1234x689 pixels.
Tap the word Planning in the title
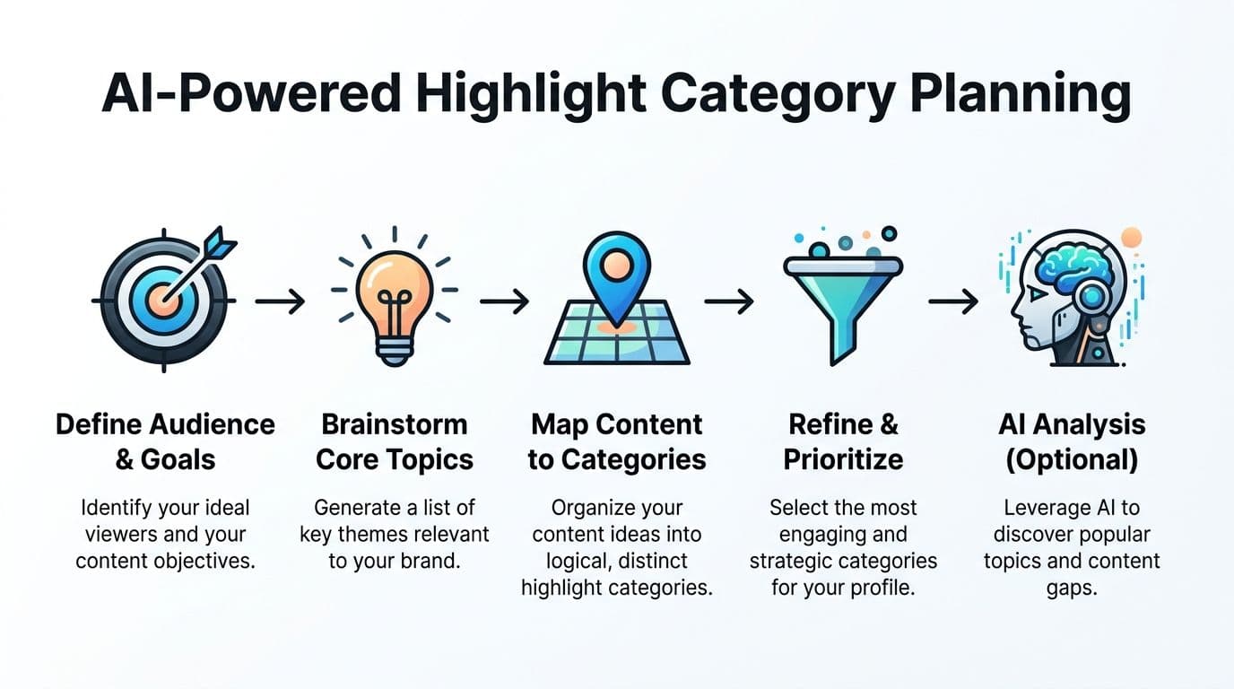[1021, 95]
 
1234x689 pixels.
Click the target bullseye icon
[164, 300]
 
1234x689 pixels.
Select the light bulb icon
[395, 297]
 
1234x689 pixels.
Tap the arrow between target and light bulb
[280, 301]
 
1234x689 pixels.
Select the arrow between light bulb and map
[504, 301]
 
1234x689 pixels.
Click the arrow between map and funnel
[729, 301]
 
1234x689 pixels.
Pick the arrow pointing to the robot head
[953, 301]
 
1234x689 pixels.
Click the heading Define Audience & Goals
[165, 442]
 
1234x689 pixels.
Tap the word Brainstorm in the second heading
[395, 425]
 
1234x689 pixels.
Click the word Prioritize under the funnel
[843, 459]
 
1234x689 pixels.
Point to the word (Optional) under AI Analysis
[1072, 460]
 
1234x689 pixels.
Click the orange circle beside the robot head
[1132, 238]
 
